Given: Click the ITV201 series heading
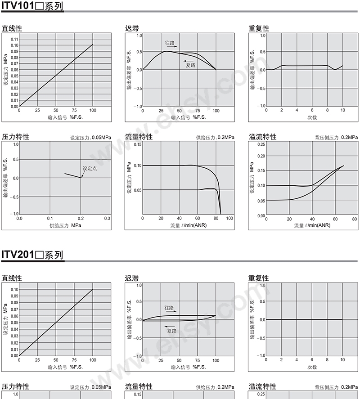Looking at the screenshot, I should [32, 255].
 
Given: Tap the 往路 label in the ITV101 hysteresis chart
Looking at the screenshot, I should [170, 43].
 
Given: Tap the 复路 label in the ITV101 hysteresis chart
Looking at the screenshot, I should [191, 65].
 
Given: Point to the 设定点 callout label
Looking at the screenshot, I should [90, 168].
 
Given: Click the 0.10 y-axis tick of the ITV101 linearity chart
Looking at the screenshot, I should [15, 45].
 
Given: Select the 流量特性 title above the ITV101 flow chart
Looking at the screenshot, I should [138, 137].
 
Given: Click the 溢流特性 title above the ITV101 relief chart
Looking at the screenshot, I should [262, 137].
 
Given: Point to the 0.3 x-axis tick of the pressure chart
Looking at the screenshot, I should [107, 218].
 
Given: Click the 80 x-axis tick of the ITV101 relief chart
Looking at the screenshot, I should [354, 219].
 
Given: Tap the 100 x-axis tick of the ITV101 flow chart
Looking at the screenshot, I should [230, 218].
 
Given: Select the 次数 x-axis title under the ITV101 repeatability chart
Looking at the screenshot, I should [312, 117].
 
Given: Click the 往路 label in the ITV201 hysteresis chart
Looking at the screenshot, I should [170, 308].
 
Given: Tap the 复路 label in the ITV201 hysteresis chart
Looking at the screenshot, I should [172, 331].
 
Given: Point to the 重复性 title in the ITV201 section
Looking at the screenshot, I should [259, 278].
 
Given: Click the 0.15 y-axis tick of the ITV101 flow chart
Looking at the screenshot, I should [137, 144].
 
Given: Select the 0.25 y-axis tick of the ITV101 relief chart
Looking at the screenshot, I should [261, 144].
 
